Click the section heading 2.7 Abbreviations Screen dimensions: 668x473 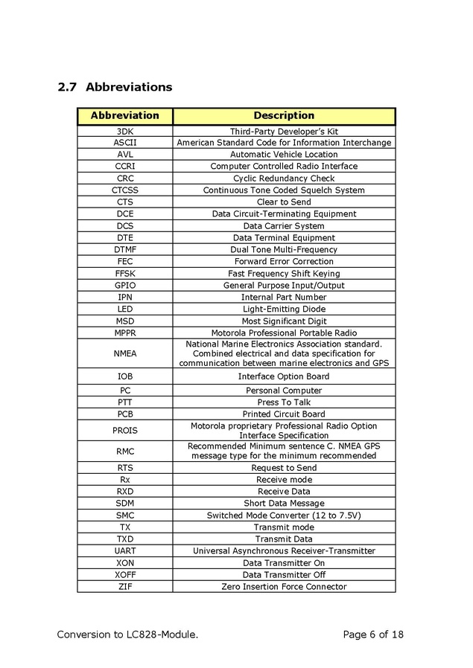point(115,87)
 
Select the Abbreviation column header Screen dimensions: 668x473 point(124,116)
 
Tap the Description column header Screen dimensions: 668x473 point(284,116)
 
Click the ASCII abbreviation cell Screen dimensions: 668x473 point(124,143)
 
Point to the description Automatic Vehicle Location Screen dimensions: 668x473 point(284,155)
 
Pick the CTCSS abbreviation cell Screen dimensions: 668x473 point(124,190)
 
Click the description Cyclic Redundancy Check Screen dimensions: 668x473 point(284,179)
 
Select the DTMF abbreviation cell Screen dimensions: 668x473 point(124,250)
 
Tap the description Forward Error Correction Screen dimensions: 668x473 point(284,262)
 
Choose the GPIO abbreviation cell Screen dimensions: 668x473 point(124,286)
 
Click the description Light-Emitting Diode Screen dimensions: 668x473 point(284,309)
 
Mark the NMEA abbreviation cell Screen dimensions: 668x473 point(124,354)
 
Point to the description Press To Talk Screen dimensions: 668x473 point(284,402)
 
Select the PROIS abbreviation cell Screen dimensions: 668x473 point(124,431)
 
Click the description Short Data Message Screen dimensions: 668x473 point(284,504)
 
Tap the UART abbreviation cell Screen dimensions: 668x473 point(124,551)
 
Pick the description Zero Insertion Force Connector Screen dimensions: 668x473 point(284,587)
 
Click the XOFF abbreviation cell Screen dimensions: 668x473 point(124,575)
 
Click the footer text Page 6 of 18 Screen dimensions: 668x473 point(373,635)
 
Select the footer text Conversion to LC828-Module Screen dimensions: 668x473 point(127,635)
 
